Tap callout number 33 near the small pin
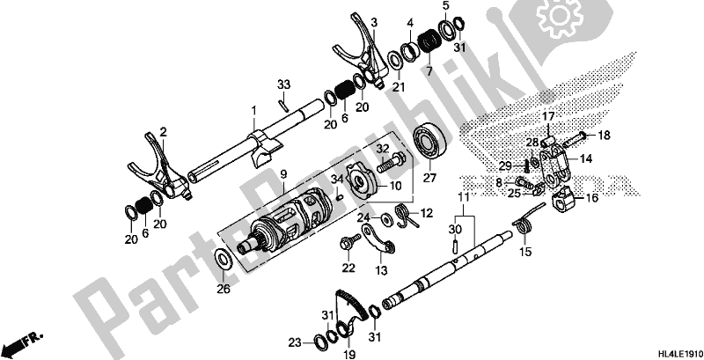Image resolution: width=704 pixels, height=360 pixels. [282, 84]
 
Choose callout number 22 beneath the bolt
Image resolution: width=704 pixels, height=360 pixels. [348, 268]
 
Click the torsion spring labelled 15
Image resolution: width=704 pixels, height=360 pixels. [525, 227]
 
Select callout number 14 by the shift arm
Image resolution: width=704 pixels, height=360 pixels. [586, 159]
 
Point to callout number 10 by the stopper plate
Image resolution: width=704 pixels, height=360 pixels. [396, 186]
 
